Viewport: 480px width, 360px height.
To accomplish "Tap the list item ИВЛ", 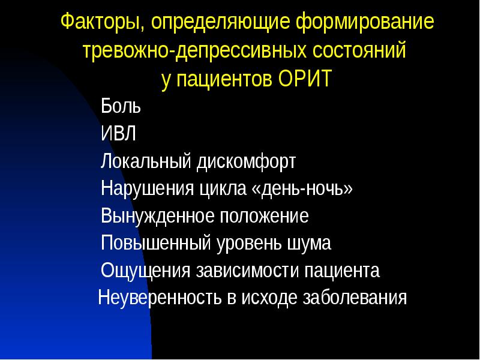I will click(x=119, y=134).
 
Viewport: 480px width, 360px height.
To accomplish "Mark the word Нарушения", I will click(x=146, y=189).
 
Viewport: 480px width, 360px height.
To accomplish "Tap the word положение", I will click(x=265, y=216).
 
